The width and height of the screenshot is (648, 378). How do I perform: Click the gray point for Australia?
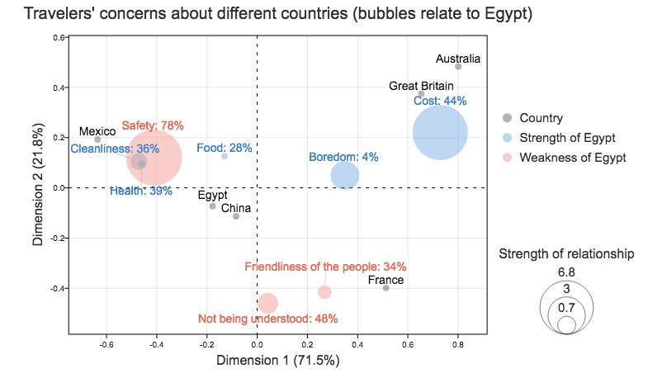(458, 67)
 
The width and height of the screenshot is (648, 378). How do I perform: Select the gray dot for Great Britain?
(421, 94)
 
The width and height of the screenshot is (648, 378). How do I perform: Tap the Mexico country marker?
(97, 139)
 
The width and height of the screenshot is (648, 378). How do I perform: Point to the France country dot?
(385, 288)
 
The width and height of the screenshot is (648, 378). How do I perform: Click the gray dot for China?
(236, 216)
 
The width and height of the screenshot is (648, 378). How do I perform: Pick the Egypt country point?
(212, 206)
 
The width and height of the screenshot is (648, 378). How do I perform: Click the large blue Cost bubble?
(440, 133)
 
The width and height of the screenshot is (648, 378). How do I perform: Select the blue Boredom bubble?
(345, 176)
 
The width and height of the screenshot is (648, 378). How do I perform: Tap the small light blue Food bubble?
(225, 156)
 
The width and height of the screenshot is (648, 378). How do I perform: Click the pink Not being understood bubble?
(267, 303)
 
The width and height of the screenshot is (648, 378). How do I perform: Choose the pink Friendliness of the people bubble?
(324, 292)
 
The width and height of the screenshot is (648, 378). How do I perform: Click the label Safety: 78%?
(153, 125)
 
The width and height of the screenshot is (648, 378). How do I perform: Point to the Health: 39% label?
(141, 191)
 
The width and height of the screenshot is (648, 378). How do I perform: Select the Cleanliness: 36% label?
(115, 149)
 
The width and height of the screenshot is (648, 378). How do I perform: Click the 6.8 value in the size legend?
(566, 272)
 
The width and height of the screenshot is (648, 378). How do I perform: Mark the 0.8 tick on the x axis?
(458, 345)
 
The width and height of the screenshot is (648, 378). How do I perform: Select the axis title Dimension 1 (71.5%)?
(278, 360)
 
